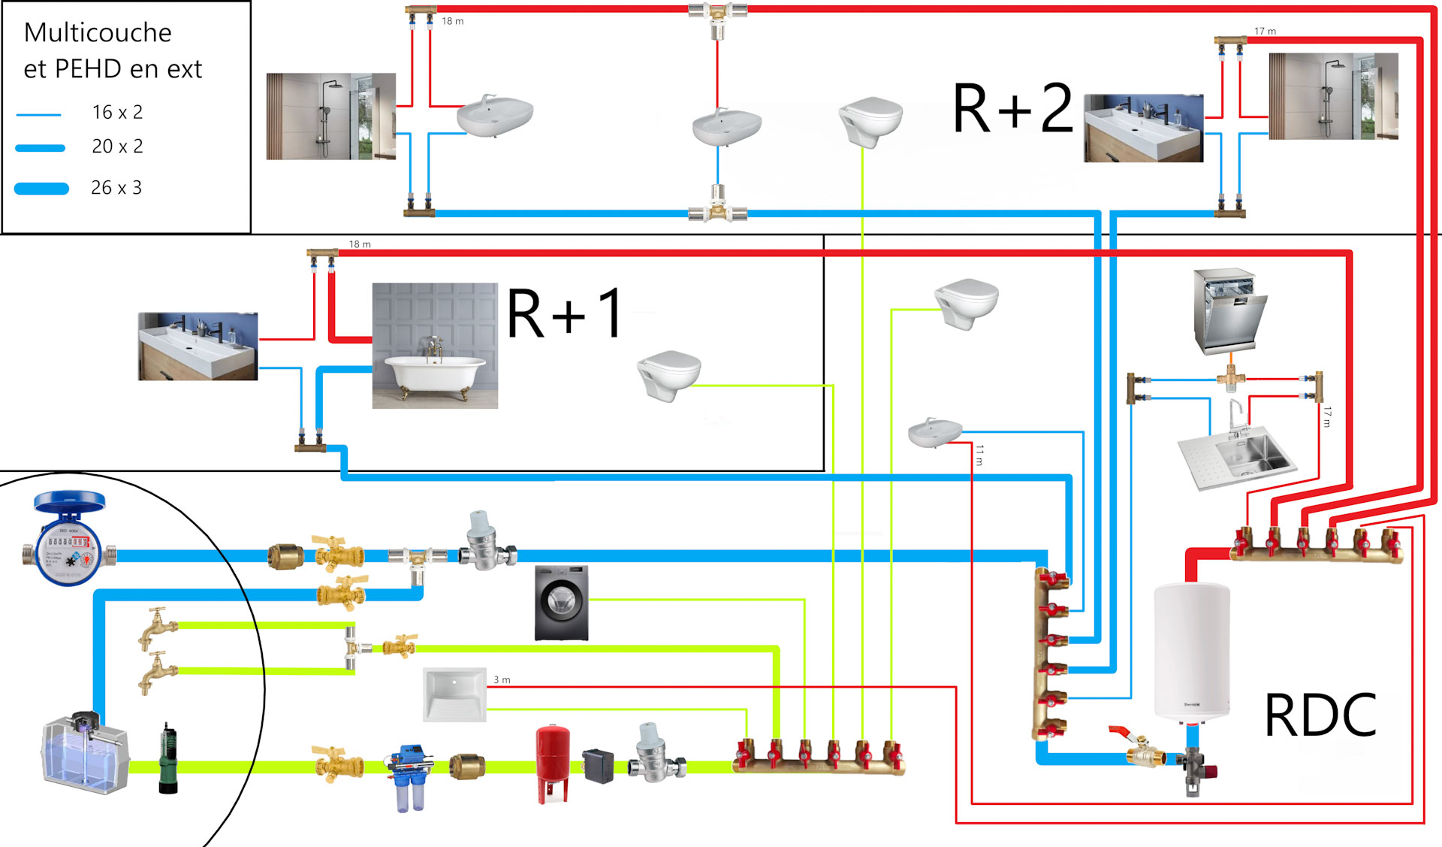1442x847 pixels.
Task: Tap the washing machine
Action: click(561, 603)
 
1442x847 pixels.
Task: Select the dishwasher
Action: click(1229, 311)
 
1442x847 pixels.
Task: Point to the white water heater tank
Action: click(1192, 651)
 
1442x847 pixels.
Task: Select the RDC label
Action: click(1320, 715)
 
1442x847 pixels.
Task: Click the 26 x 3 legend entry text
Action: click(116, 188)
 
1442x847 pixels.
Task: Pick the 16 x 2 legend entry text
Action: click(117, 113)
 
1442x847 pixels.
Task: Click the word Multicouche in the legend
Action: click(98, 33)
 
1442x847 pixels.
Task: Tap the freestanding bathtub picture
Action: click(435, 346)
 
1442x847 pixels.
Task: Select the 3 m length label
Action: click(502, 680)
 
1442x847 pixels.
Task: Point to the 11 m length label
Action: click(979, 455)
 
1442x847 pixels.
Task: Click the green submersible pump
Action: click(168, 759)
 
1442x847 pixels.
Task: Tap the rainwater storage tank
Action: click(84, 754)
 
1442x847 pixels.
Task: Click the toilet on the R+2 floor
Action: click(870, 120)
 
